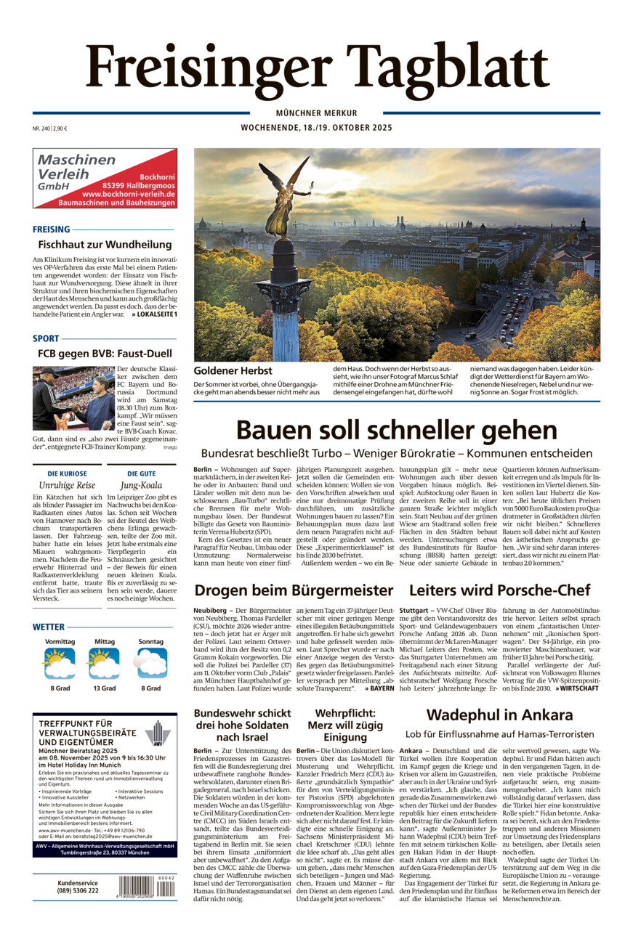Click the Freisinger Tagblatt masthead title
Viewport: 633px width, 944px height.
click(317, 67)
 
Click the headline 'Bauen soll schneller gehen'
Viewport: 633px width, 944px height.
click(396, 429)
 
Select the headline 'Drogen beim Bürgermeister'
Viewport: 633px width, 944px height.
click(294, 590)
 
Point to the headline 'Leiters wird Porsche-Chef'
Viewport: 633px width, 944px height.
click(499, 590)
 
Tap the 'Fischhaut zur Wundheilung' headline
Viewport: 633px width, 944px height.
click(105, 245)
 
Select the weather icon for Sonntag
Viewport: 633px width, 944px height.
click(151, 662)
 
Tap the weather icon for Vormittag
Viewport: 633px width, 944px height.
click(60, 662)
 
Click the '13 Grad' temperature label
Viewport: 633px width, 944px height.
click(105, 688)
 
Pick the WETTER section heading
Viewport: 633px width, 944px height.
click(49, 627)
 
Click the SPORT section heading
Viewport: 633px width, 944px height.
click(46, 338)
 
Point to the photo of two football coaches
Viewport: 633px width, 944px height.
click(73, 399)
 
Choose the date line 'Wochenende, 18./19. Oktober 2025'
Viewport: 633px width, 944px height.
click(316, 128)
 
